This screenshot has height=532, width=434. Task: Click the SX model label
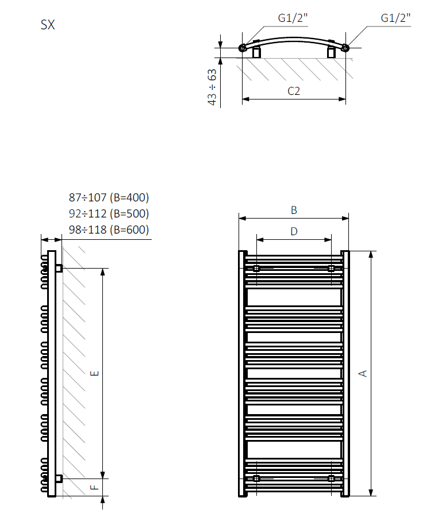point(48,25)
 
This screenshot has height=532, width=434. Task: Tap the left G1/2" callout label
point(293,18)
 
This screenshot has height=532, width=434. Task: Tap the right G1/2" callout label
point(395,18)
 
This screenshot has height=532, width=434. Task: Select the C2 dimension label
point(294,91)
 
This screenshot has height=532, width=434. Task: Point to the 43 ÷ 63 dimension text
point(212,87)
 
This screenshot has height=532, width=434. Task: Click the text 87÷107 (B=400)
point(109,197)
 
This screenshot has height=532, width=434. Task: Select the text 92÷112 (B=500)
point(109,213)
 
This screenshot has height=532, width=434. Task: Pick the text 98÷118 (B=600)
point(109,229)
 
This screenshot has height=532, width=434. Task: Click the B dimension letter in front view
point(294,210)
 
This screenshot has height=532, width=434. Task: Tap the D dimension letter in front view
point(294,231)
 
